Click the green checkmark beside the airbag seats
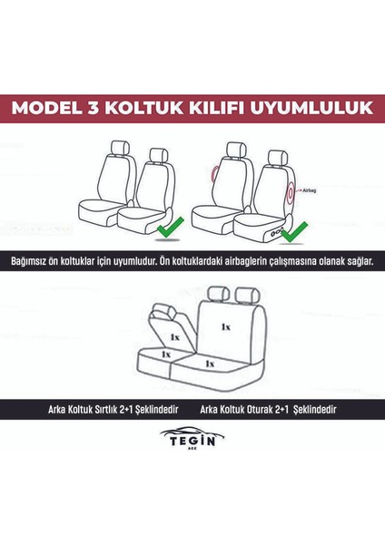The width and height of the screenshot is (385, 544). (293, 236)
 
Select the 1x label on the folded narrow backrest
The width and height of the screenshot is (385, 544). (173, 335)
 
